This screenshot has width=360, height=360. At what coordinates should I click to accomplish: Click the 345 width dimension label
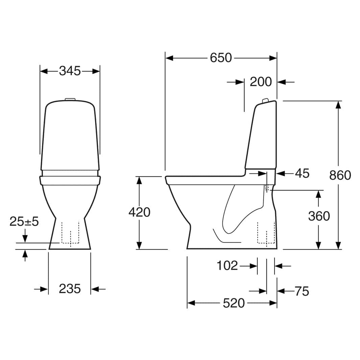point(70,71)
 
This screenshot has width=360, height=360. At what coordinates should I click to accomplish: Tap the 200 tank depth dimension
point(261,82)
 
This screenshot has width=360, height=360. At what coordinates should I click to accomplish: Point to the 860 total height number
point(340,175)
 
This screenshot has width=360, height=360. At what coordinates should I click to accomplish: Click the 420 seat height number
point(139,212)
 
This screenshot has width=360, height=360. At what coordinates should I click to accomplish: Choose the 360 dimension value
point(319,216)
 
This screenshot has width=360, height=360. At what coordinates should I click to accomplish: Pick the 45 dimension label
point(302,173)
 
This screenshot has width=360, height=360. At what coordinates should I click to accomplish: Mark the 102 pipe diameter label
point(227,266)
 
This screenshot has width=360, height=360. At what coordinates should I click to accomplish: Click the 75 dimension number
point(302,291)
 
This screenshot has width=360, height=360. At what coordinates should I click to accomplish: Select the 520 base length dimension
point(234,303)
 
